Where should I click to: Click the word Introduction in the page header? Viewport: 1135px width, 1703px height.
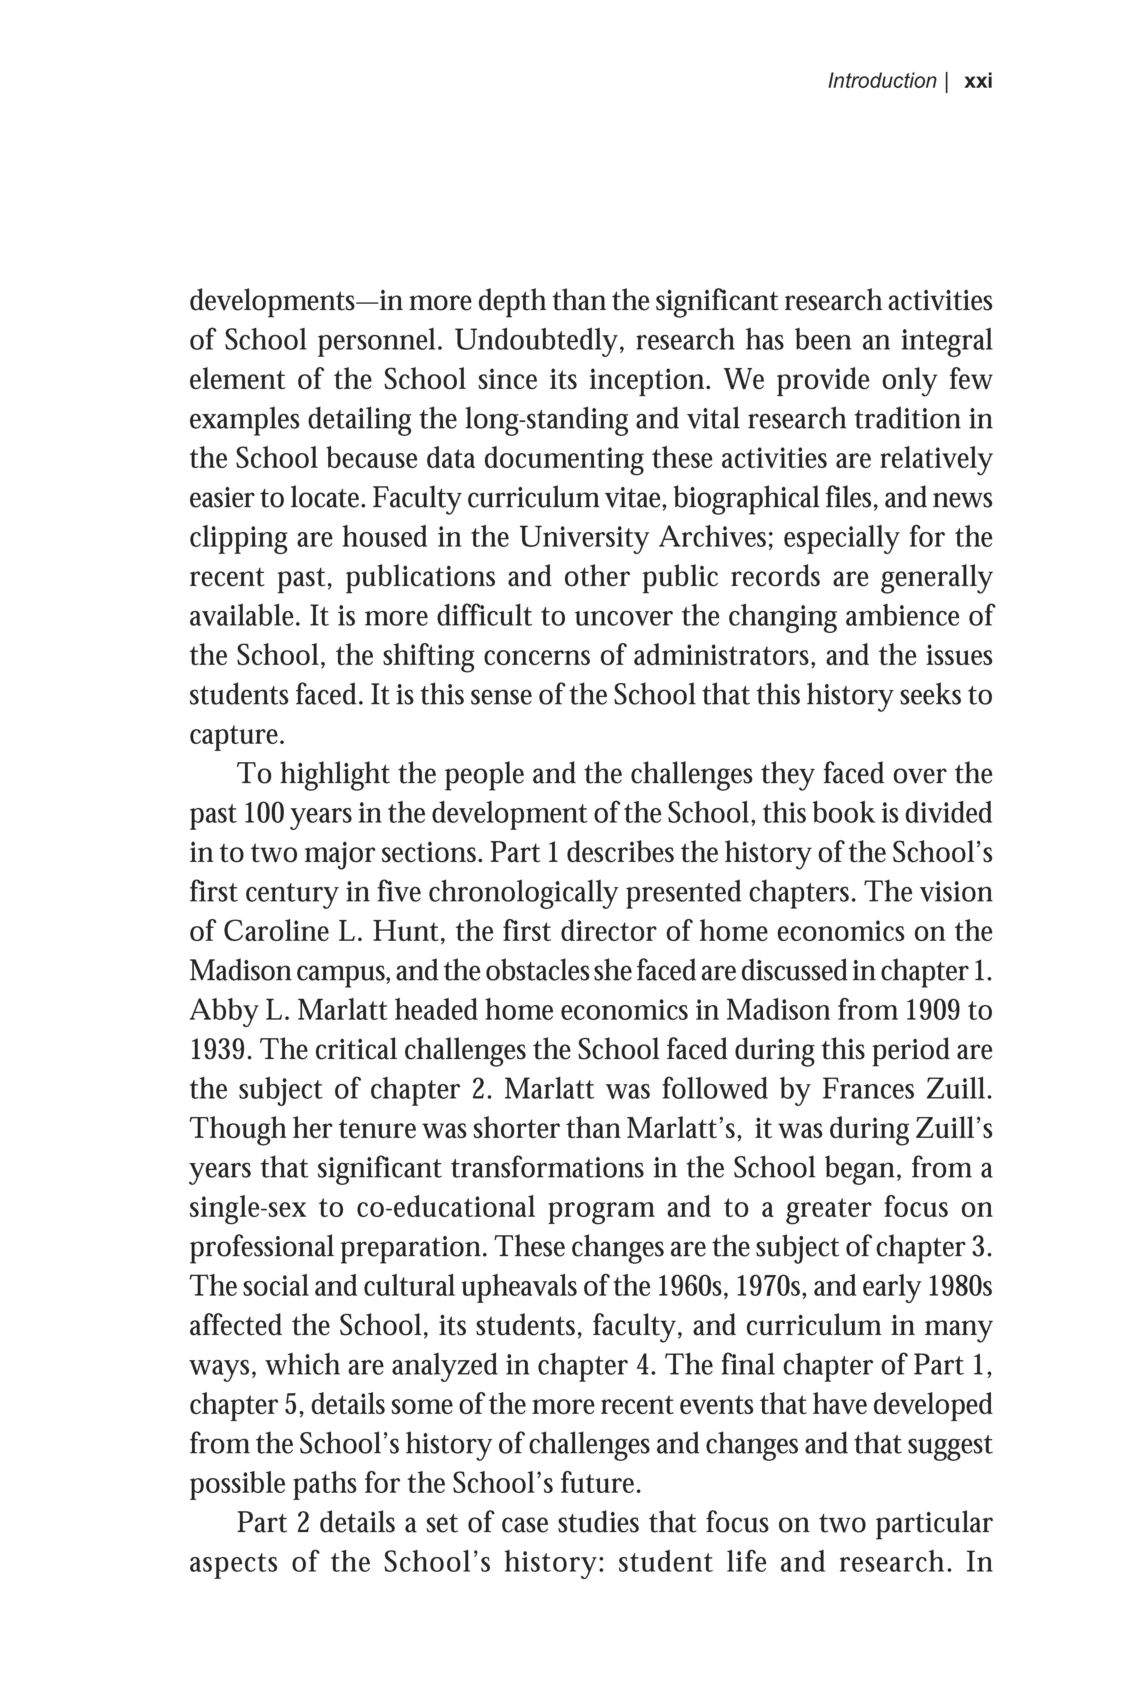[882, 81]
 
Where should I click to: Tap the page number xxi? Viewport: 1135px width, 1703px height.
[979, 81]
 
